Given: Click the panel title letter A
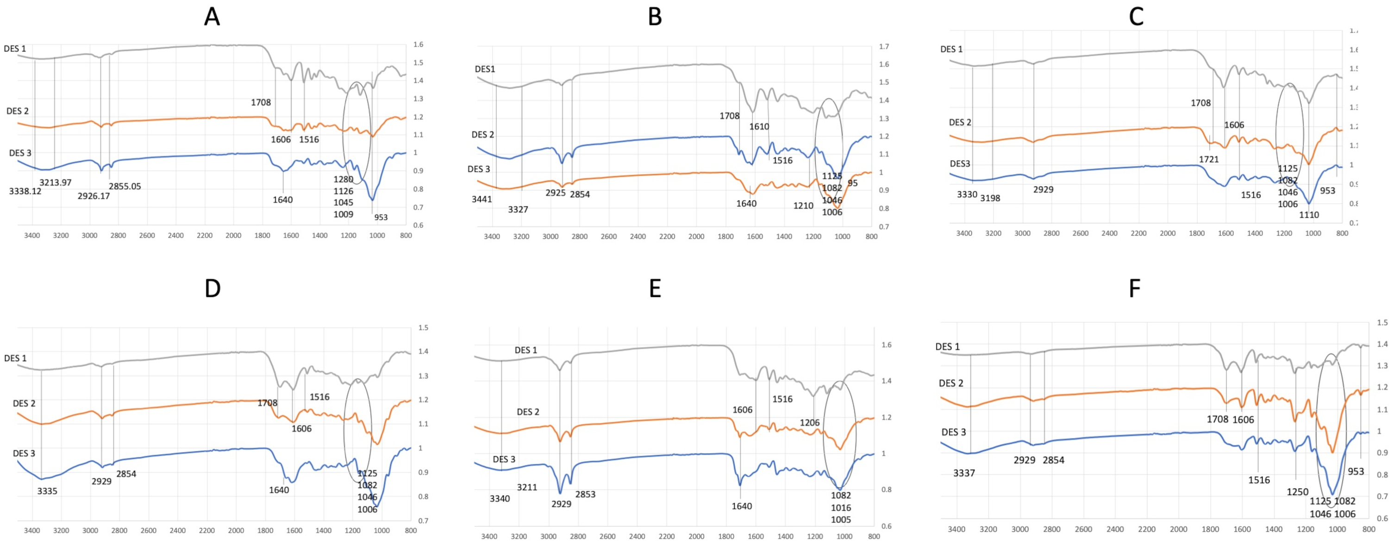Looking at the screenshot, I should pyautogui.click(x=212, y=17).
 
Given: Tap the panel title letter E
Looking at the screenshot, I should pyautogui.click(x=655, y=289).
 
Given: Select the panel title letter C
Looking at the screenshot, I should pyautogui.click(x=1136, y=17).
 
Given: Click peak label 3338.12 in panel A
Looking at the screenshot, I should pyautogui.click(x=25, y=191).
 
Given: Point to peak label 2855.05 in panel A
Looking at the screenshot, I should pyautogui.click(x=125, y=187).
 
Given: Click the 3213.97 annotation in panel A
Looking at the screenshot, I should pyautogui.click(x=56, y=182).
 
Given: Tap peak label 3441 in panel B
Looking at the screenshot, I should pyautogui.click(x=482, y=200).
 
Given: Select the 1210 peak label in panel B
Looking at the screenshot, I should pyautogui.click(x=803, y=206).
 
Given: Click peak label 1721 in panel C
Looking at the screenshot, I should pyautogui.click(x=1208, y=159).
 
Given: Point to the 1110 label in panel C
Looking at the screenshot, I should pyautogui.click(x=1308, y=215).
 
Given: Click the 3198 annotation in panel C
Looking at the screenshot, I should pyautogui.click(x=990, y=198).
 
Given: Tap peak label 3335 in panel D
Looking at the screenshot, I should pyautogui.click(x=47, y=491).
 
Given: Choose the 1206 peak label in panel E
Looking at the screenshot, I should pyautogui.click(x=809, y=423).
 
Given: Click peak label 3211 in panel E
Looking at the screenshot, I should pyautogui.click(x=527, y=488).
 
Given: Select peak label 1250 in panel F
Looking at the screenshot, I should pyautogui.click(x=1297, y=492).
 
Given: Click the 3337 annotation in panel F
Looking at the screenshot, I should pyautogui.click(x=964, y=474).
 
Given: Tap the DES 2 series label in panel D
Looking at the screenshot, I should pyautogui.click(x=24, y=403).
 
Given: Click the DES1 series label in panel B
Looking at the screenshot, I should pyautogui.click(x=485, y=69).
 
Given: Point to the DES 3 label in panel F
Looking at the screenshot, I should pyautogui.click(x=953, y=432).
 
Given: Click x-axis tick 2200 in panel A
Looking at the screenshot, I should pyautogui.click(x=204, y=236).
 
